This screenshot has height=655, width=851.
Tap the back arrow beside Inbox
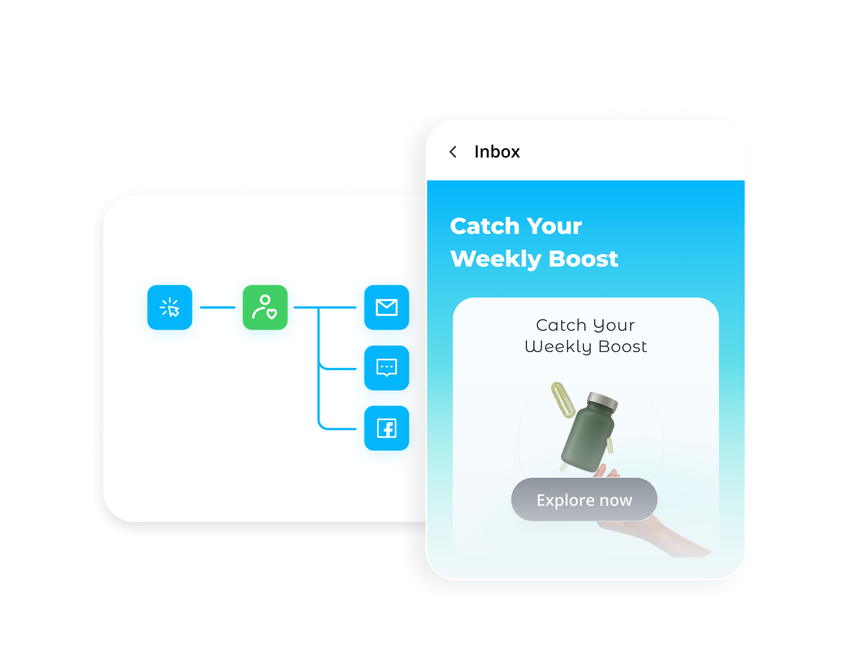[453, 152]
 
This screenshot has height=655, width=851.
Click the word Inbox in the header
[497, 152]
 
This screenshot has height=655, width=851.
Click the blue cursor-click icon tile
[170, 307]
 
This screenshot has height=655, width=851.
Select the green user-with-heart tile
[265, 307]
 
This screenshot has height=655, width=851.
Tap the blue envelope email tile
[387, 307]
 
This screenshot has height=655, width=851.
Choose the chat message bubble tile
[387, 368]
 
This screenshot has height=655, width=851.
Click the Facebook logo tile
[387, 428]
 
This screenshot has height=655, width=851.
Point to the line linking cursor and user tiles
[218, 307]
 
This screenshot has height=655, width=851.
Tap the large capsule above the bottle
[563, 399]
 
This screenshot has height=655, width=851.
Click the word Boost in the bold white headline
[583, 259]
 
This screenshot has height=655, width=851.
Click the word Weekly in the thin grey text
[558, 347]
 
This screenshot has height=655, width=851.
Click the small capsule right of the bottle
[610, 445]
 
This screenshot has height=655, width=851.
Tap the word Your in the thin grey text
[614, 325]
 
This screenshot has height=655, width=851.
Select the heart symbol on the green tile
[272, 314]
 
